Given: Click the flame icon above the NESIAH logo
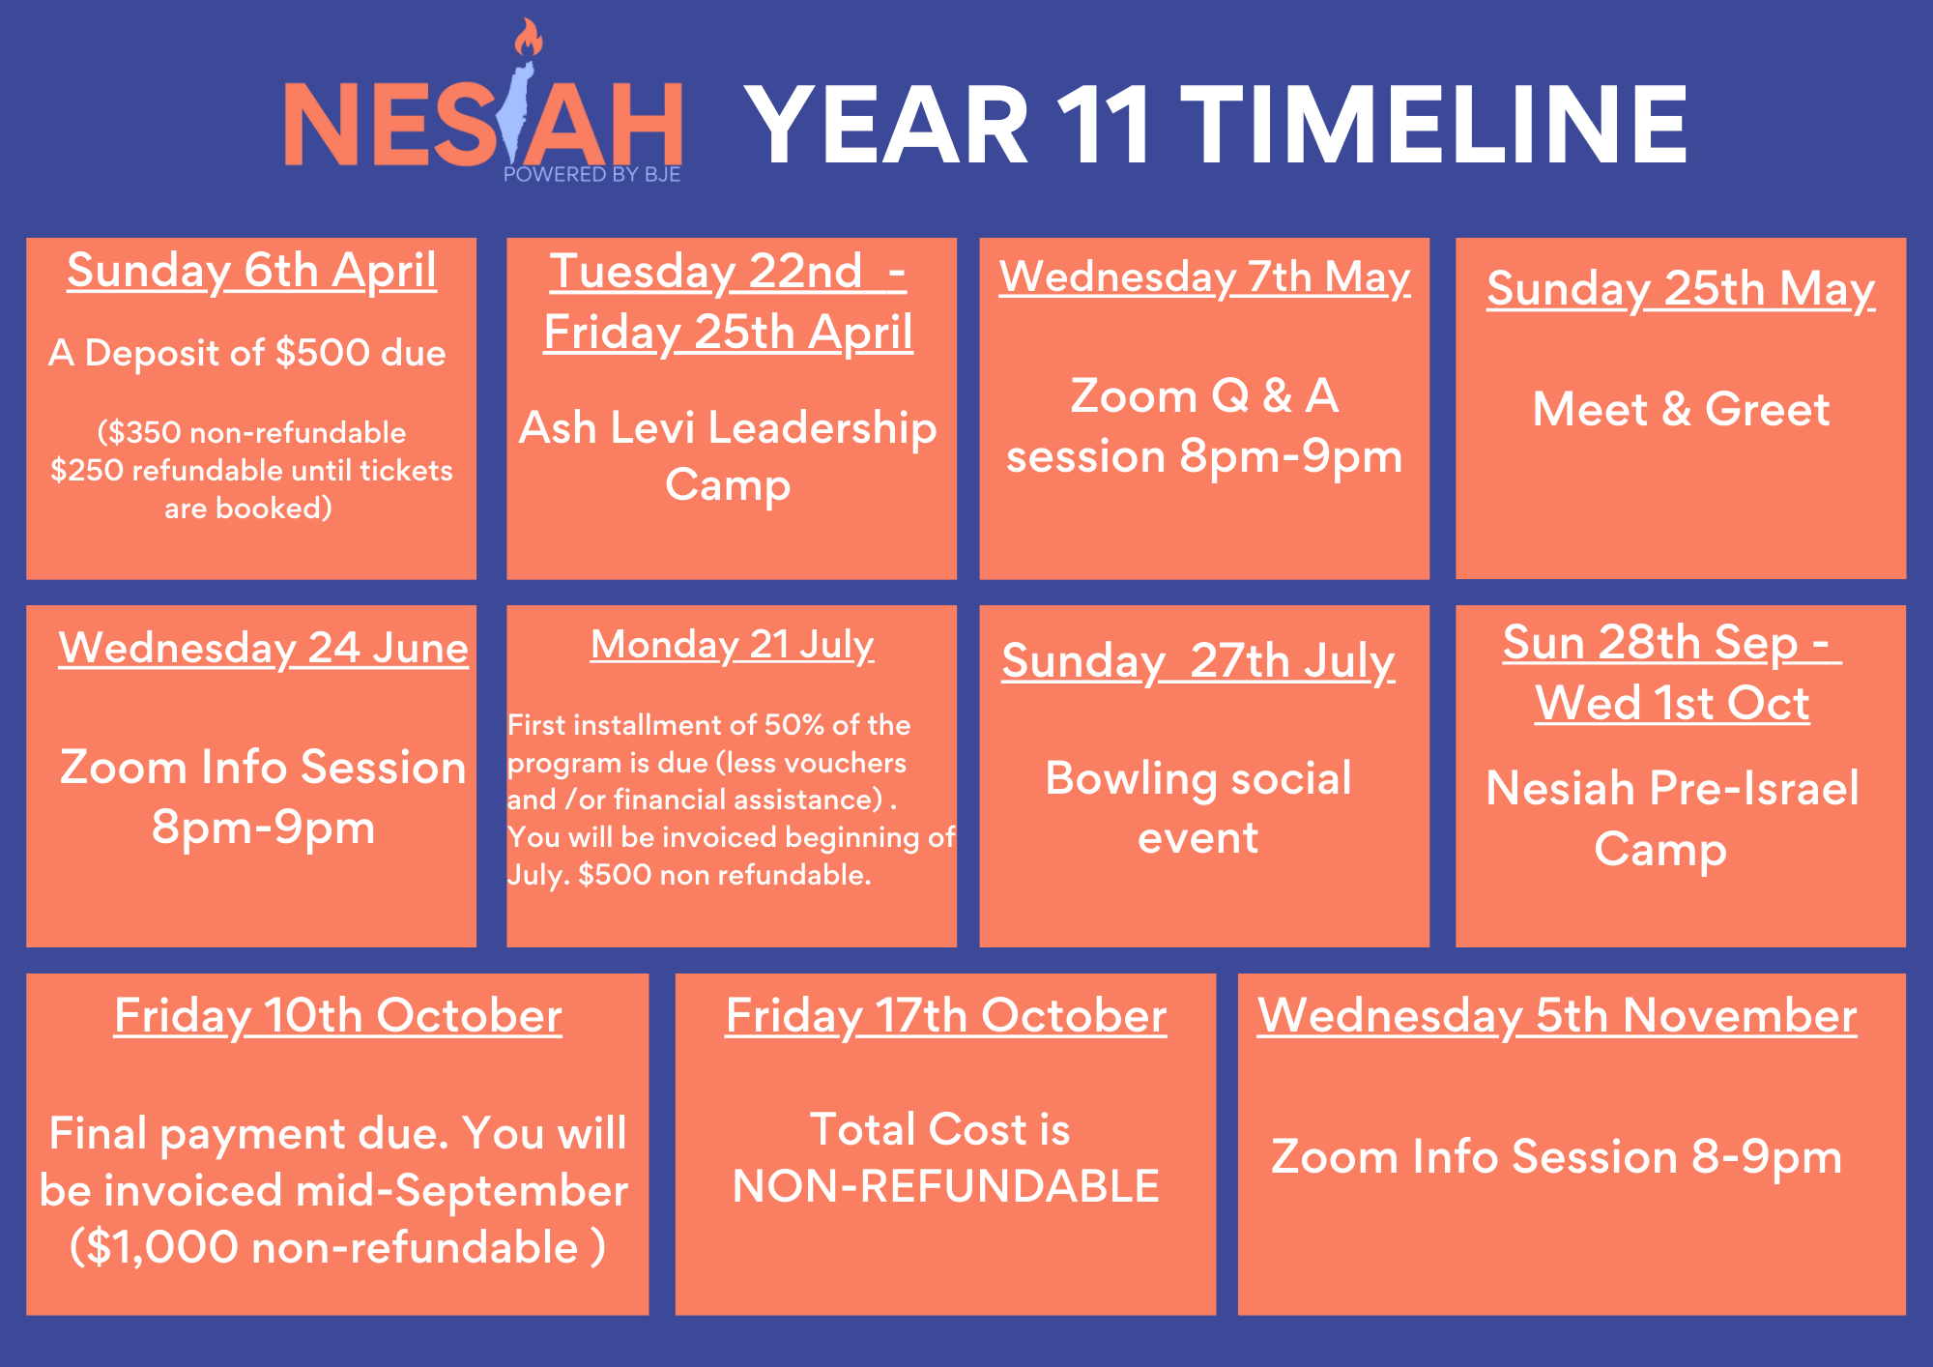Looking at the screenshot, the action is click(x=528, y=38).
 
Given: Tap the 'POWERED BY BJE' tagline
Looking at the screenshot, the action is click(x=591, y=174).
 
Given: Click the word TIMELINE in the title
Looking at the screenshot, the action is click(x=1434, y=125).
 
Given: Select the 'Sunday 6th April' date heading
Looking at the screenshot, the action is click(x=251, y=271).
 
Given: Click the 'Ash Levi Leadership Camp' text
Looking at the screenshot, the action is click(x=728, y=456).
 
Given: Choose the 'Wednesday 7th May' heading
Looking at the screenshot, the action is click(x=1204, y=277).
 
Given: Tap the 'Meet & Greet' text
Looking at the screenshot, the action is click(x=1681, y=409).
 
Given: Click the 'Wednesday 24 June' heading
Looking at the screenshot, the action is click(x=263, y=648).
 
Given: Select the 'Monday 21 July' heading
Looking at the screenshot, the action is click(x=732, y=645).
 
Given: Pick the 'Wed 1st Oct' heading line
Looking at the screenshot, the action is click(x=1672, y=703).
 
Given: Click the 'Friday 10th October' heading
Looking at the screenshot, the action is click(x=337, y=1016).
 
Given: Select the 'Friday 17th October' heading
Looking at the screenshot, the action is click(x=946, y=1016).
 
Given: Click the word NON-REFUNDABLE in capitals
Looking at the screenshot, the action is click(x=946, y=1186).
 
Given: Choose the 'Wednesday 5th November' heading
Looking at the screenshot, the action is click(x=1557, y=1016).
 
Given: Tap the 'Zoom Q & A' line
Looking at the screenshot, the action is click(x=1204, y=395).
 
